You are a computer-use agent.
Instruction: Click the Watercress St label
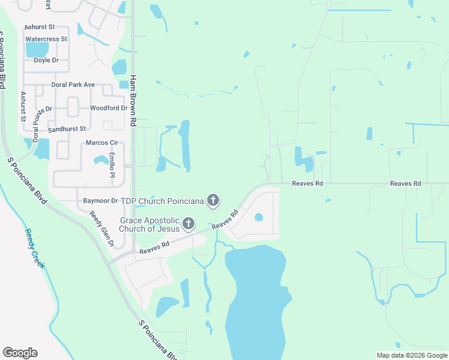coord(46,39)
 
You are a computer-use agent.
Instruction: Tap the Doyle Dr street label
coord(46,60)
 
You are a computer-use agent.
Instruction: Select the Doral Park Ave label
coord(73,85)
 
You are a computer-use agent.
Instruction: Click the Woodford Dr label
coord(109,108)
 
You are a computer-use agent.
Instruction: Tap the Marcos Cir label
coord(101,142)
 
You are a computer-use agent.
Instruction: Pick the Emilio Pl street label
coord(112,165)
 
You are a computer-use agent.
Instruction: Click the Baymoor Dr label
coord(100,200)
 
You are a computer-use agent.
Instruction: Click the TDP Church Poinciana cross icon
coord(212,200)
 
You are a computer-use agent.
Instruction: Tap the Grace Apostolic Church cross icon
coord(188,224)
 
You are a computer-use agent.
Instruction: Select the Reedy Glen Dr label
coord(102,229)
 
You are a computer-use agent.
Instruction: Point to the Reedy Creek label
coord(35,248)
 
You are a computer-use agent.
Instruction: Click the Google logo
coord(20,353)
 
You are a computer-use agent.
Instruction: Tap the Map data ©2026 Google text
coord(411,355)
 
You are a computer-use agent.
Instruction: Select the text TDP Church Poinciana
coord(162,200)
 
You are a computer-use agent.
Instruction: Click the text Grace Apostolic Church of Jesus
coord(149,224)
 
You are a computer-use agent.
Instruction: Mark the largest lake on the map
coord(255,300)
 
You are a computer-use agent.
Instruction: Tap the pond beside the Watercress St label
coord(37,50)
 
